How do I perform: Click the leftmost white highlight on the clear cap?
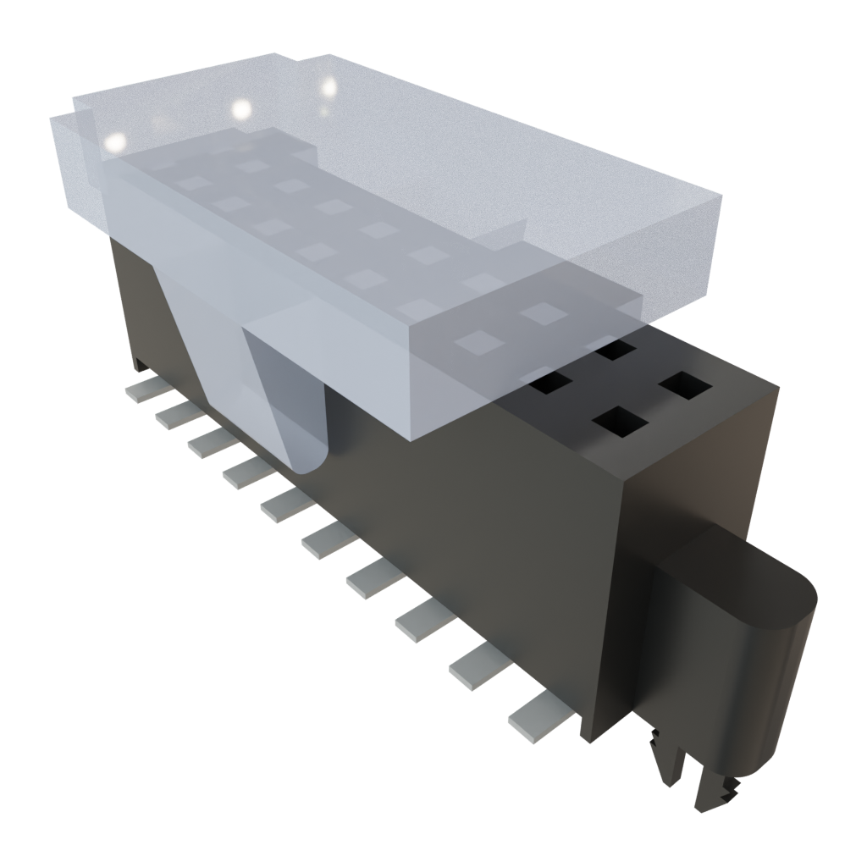click(113, 142)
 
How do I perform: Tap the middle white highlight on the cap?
click(241, 108)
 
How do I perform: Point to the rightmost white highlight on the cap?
click(329, 86)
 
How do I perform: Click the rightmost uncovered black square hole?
click(686, 385)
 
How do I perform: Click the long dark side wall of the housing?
click(423, 525)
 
